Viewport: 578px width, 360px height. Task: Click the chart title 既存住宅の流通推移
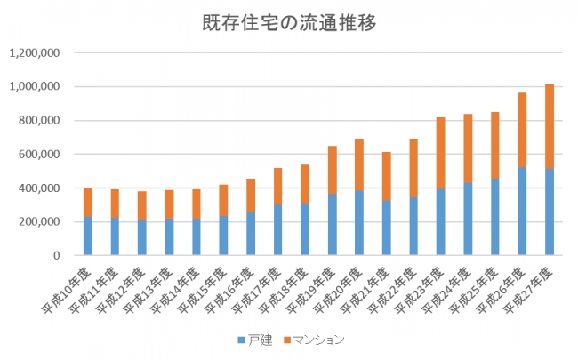pyautogui.click(x=289, y=23)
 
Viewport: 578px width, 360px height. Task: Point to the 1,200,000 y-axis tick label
pyautogui.click(x=34, y=52)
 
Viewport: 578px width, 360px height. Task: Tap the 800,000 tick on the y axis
pyautogui.click(x=39, y=120)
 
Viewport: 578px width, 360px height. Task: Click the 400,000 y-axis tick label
pyautogui.click(x=39, y=188)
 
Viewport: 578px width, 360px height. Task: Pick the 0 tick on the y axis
pyautogui.click(x=55, y=255)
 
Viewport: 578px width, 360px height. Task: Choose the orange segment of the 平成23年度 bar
pyautogui.click(x=441, y=152)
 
